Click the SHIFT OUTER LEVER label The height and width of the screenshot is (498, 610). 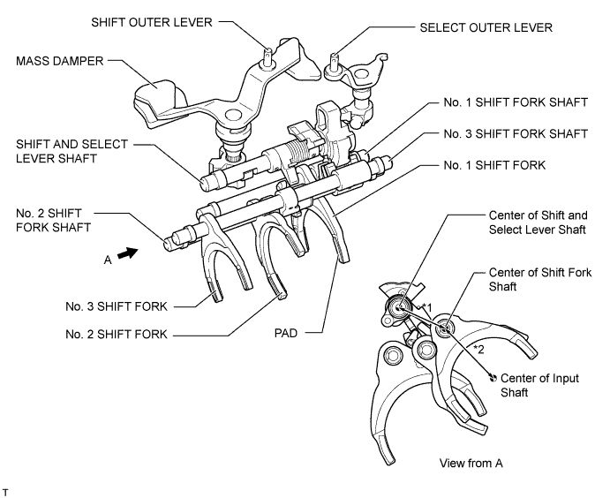(x=152, y=22)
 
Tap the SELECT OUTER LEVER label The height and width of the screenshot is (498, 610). (x=486, y=27)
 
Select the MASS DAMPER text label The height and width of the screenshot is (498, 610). (x=59, y=61)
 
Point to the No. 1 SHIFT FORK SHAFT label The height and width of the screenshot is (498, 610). (x=516, y=102)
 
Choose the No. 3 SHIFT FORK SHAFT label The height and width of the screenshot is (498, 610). (x=516, y=134)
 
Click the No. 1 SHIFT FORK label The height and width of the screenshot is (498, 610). (x=494, y=165)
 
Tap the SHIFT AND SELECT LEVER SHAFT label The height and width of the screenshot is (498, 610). (x=72, y=151)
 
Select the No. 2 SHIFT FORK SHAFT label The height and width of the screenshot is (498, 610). (x=53, y=220)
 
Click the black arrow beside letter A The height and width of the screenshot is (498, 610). (x=127, y=253)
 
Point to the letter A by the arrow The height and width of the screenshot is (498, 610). (x=108, y=260)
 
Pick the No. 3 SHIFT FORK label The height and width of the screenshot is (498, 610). (x=117, y=306)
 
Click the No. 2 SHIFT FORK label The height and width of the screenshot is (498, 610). (x=117, y=334)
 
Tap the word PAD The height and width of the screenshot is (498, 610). (x=286, y=333)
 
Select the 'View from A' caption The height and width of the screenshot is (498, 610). (x=471, y=464)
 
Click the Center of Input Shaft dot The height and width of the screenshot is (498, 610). (x=493, y=377)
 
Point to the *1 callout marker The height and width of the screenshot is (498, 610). (x=427, y=308)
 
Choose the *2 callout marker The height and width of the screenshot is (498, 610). (x=478, y=350)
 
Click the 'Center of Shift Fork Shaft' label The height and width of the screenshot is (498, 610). (x=540, y=279)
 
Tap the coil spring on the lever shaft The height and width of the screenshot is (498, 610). (x=297, y=151)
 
